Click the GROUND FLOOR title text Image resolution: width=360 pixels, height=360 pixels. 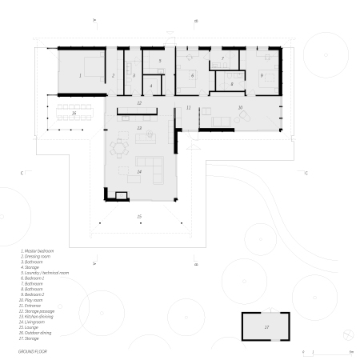[x=33, y=330]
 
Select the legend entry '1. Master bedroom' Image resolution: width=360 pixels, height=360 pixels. [x=38, y=250]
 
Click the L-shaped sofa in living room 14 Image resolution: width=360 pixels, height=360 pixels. [x=152, y=168]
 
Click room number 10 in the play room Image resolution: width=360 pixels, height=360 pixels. [x=239, y=106]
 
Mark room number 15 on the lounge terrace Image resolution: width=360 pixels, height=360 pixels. [x=138, y=217]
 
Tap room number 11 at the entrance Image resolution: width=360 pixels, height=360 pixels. [x=188, y=106]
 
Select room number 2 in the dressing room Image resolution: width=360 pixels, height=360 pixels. [x=114, y=75]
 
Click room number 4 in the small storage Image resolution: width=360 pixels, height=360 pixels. [x=151, y=85]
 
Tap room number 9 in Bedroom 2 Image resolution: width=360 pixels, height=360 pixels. [x=262, y=75]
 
